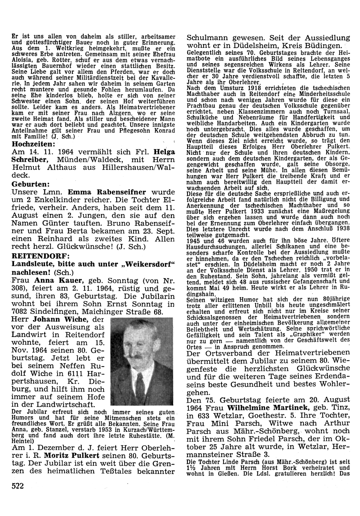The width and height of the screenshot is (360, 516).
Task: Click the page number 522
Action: [18, 486]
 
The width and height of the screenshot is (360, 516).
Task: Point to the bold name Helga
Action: [164, 152]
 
